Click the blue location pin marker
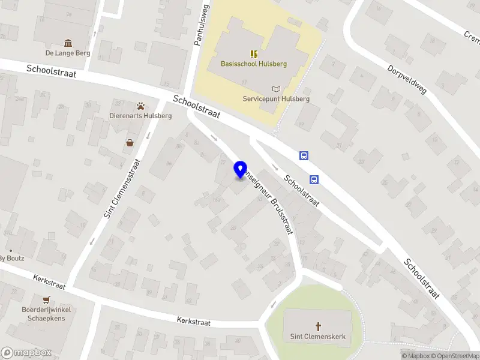(241, 170)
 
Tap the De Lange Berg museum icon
(68, 43)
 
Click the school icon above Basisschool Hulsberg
(254, 53)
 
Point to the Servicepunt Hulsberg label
(276, 99)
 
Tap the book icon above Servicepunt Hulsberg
(276, 89)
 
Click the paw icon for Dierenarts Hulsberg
(141, 106)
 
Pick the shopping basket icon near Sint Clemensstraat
(130, 143)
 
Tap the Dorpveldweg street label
(406, 80)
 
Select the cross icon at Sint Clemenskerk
(318, 327)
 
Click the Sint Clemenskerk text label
(318, 337)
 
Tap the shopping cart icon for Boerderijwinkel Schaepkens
(46, 299)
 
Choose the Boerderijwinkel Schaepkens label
(46, 314)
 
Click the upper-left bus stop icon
(304, 156)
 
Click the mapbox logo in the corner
(26, 353)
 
